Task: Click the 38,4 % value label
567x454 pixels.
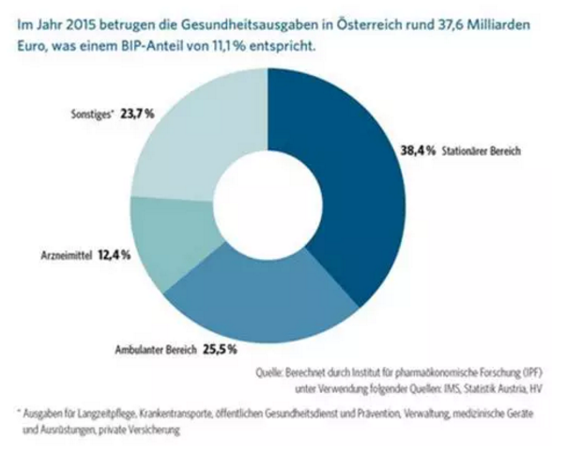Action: [406, 151]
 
